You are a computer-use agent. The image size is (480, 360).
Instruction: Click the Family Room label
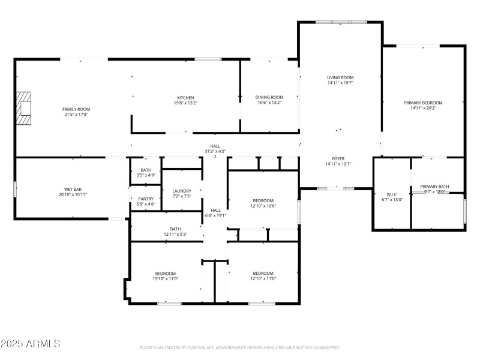76,109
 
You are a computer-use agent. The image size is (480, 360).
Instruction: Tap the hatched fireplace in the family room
23,107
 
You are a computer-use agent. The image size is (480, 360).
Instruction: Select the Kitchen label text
185,98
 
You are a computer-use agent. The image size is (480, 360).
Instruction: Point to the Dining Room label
269,97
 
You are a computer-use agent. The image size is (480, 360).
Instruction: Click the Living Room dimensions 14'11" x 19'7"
340,83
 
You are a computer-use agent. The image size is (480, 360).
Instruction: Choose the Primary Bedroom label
422,103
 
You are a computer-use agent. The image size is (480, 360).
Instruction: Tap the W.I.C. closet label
392,194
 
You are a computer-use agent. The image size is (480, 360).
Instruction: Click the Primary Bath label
434,187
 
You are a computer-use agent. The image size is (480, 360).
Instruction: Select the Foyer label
338,158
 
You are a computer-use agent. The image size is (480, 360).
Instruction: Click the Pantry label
146,199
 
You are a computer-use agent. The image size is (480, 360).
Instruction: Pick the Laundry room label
181,191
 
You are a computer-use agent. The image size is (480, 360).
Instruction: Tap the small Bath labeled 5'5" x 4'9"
146,170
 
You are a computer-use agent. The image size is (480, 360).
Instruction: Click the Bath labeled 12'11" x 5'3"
175,229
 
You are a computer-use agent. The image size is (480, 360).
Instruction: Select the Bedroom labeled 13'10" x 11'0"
165,273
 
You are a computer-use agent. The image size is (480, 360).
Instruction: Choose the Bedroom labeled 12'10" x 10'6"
263,200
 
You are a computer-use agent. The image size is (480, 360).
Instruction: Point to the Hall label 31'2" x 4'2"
215,146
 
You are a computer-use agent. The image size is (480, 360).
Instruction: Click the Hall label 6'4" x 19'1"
215,210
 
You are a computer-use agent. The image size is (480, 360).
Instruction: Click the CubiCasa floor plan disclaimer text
240,347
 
